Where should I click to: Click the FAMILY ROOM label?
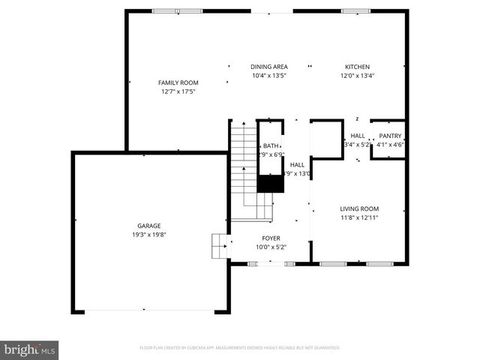pyautogui.click(x=178, y=82)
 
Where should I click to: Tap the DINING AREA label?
pyautogui.click(x=268, y=67)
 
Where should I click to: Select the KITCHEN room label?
pyautogui.click(x=357, y=67)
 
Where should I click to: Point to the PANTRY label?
pyautogui.click(x=390, y=136)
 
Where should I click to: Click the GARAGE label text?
pyautogui.click(x=148, y=226)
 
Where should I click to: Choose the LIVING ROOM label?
pyautogui.click(x=359, y=209)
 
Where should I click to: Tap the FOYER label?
pyautogui.click(x=271, y=238)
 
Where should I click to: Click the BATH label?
pyautogui.click(x=270, y=146)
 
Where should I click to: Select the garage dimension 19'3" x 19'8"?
pyautogui.click(x=148, y=234)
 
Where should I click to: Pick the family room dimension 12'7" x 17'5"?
pyautogui.click(x=178, y=91)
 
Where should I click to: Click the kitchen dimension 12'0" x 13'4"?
pyautogui.click(x=357, y=75)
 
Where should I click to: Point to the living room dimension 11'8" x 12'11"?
pyautogui.click(x=359, y=217)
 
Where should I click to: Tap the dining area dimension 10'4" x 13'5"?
pyautogui.click(x=268, y=75)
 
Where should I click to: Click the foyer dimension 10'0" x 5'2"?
pyautogui.click(x=271, y=247)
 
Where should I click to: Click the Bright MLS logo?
pyautogui.click(x=30, y=349)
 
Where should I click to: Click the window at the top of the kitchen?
pyautogui.click(x=350, y=11)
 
